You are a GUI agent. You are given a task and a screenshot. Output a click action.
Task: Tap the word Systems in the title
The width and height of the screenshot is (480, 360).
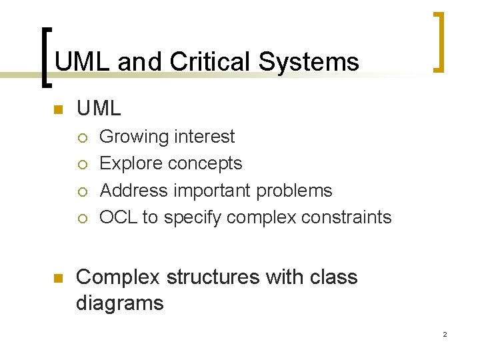[x=309, y=62]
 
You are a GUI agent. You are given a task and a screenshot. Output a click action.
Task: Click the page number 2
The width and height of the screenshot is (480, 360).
[x=444, y=334]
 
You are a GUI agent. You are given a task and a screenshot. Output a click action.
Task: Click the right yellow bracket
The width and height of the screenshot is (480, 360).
[x=439, y=41]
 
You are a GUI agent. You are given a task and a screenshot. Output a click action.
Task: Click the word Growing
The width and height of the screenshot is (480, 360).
[x=134, y=137]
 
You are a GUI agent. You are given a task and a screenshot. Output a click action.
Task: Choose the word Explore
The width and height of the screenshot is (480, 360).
[x=131, y=164]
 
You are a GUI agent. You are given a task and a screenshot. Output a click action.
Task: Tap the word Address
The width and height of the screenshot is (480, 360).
[x=134, y=191]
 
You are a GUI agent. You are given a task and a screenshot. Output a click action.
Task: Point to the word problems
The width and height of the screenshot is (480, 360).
[x=294, y=191]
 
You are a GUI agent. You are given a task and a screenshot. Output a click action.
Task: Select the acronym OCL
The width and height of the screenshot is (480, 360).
[x=118, y=217]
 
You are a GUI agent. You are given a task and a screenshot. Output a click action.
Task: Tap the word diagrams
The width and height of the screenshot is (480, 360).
[x=119, y=304]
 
